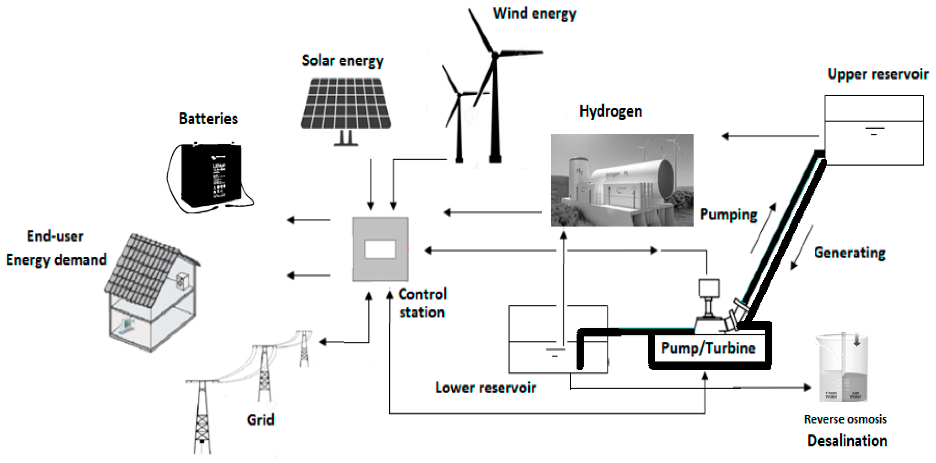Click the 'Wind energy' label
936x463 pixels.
[534, 13]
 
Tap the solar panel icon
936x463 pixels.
[346, 104]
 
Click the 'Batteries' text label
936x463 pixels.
[208, 119]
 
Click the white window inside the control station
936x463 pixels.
[380, 250]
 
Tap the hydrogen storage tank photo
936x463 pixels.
[622, 180]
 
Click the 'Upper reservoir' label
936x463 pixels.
[877, 74]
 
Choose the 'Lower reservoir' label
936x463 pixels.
[486, 388]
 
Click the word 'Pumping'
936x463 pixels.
[728, 215]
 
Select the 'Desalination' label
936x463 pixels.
[847, 441]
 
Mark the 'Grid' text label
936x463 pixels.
[261, 420]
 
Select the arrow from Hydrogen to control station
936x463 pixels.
[492, 212]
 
